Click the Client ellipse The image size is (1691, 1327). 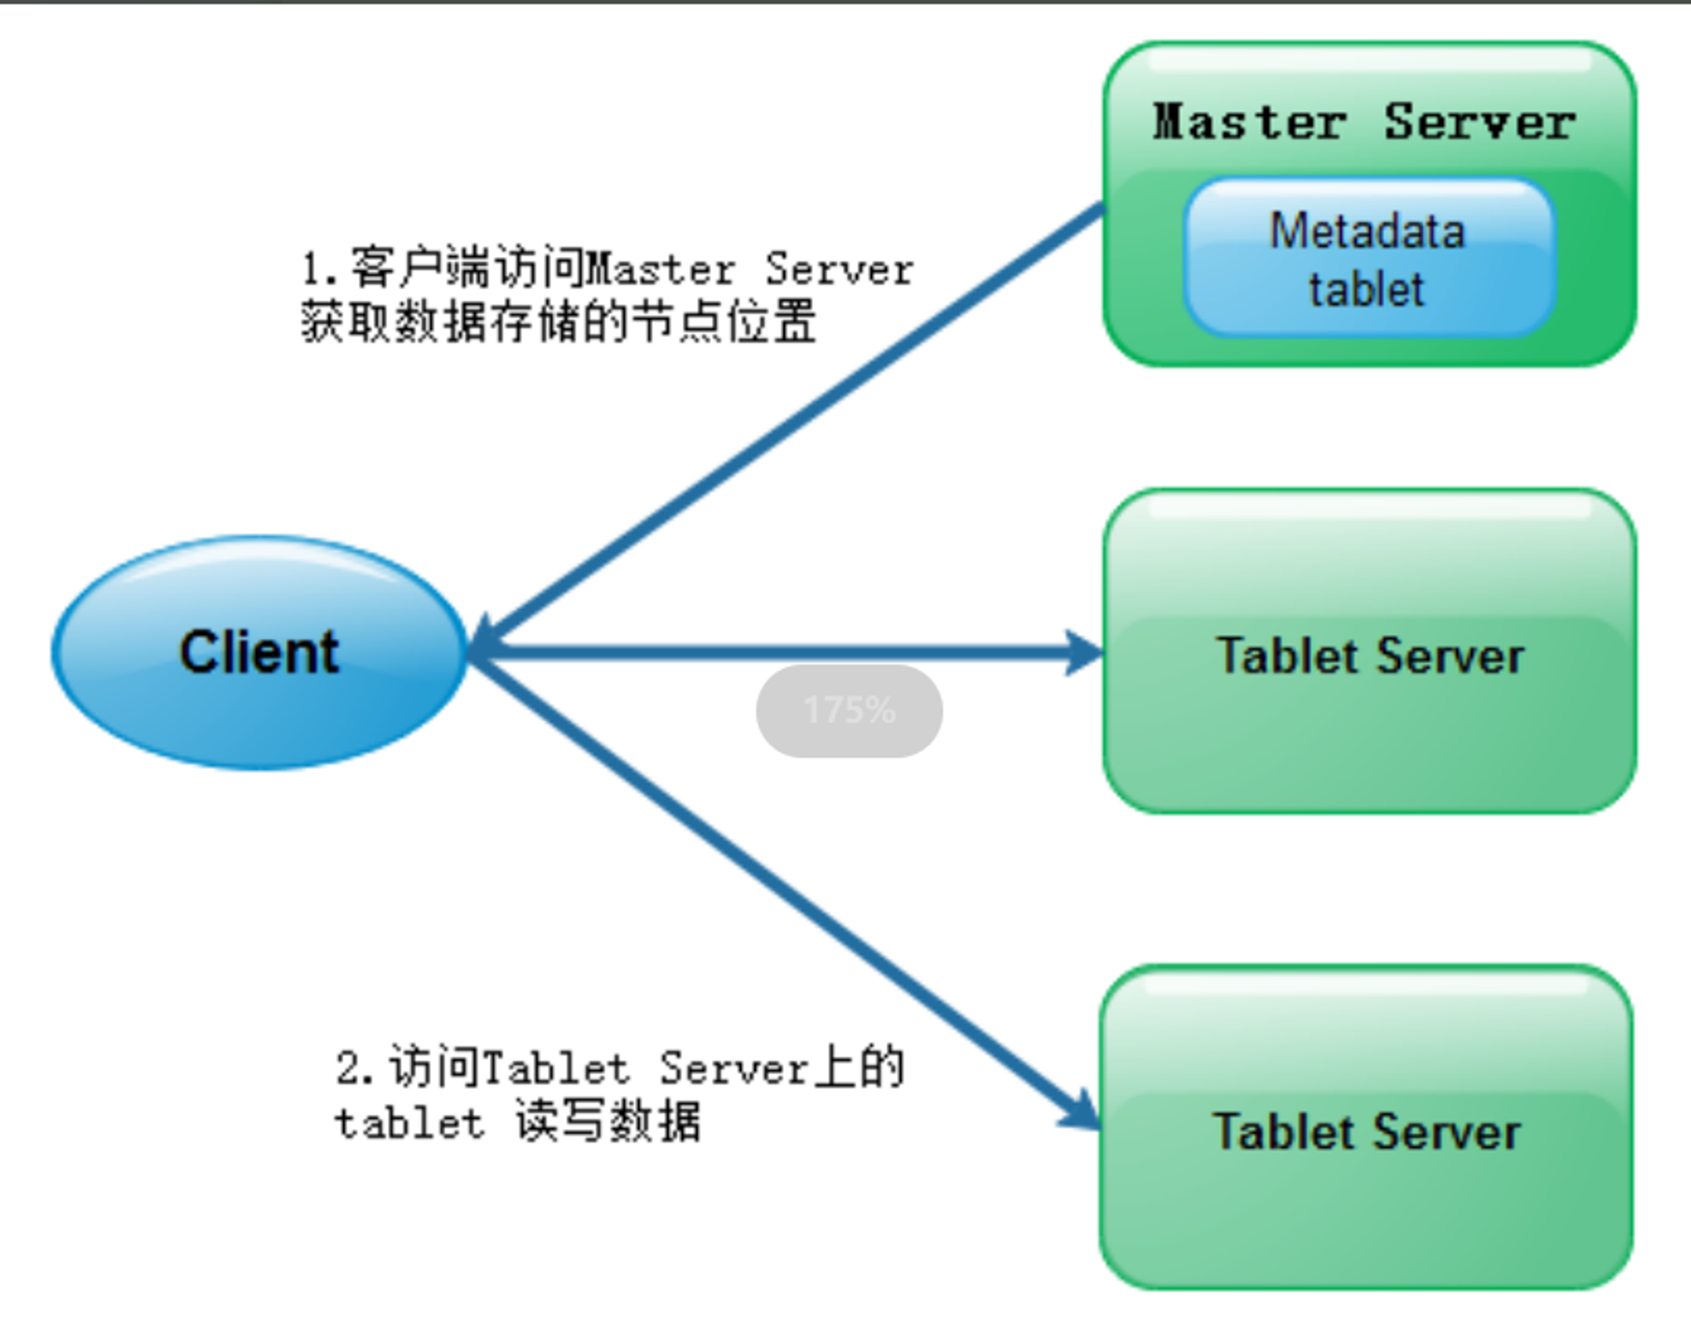coord(259,653)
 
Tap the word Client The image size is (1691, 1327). coord(259,653)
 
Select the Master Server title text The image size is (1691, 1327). coord(1364,122)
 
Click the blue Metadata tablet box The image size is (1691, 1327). coord(1369,258)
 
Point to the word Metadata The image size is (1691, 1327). coord(1367,231)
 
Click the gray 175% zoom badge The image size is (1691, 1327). coord(849,711)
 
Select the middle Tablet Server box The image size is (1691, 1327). coord(1370,651)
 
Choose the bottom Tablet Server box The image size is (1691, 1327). coord(1366,1127)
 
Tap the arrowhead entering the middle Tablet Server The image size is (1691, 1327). coord(1085,653)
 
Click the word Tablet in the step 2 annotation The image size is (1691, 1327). coord(557,1068)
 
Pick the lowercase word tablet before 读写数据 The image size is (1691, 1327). coord(409,1123)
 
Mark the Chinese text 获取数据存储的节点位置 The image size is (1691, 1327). coord(558,322)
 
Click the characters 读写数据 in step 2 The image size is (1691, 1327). coord(608,1122)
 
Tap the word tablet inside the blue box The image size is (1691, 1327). coord(1366,289)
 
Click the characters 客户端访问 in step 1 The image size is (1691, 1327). coord(467,268)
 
